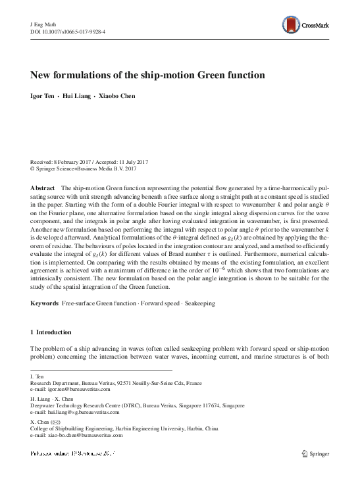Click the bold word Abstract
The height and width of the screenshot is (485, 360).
[x=42, y=188]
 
